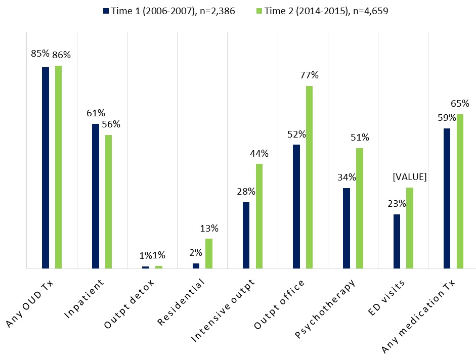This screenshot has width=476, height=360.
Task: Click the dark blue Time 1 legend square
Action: (x=105, y=10)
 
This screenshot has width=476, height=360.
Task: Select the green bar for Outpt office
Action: (x=309, y=177)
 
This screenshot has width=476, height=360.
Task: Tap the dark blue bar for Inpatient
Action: (x=96, y=196)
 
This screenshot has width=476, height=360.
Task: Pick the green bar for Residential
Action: (x=209, y=253)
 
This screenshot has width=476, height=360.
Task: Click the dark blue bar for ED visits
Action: (x=397, y=241)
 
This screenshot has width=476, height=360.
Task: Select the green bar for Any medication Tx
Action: (x=460, y=191)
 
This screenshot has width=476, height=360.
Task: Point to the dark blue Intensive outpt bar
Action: (x=246, y=235)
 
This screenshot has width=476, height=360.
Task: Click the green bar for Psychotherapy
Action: (x=359, y=208)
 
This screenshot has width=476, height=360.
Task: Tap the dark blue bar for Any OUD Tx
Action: (x=46, y=167)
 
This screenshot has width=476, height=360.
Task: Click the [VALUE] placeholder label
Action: (x=410, y=177)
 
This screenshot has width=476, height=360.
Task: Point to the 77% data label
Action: (x=309, y=75)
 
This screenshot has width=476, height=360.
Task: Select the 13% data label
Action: (x=209, y=228)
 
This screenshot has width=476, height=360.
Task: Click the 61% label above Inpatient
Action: (x=95, y=113)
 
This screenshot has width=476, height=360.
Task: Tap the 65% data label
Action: (x=460, y=104)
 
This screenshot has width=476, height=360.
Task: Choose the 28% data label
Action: (x=246, y=192)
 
